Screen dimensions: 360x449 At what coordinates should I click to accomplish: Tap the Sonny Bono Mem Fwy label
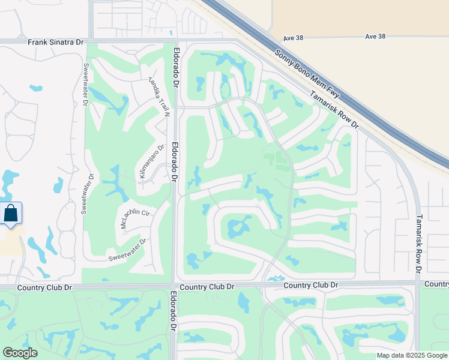click(x=307, y=71)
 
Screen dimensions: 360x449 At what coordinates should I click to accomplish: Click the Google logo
click(x=20, y=353)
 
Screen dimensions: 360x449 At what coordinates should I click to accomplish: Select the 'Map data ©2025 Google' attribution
click(x=411, y=355)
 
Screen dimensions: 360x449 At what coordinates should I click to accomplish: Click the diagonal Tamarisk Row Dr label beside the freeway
click(x=334, y=110)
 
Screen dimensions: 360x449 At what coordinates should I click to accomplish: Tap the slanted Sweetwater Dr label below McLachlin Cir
click(x=127, y=250)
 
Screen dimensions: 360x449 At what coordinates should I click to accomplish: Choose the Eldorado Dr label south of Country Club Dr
click(x=173, y=311)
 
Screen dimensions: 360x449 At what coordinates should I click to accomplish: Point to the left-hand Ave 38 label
click(x=293, y=37)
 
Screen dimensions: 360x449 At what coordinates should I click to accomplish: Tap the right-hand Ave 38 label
click(x=375, y=37)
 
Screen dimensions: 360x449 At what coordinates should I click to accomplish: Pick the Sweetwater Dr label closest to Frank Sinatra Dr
click(x=86, y=85)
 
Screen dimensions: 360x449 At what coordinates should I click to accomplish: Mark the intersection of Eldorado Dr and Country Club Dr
click(x=173, y=286)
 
